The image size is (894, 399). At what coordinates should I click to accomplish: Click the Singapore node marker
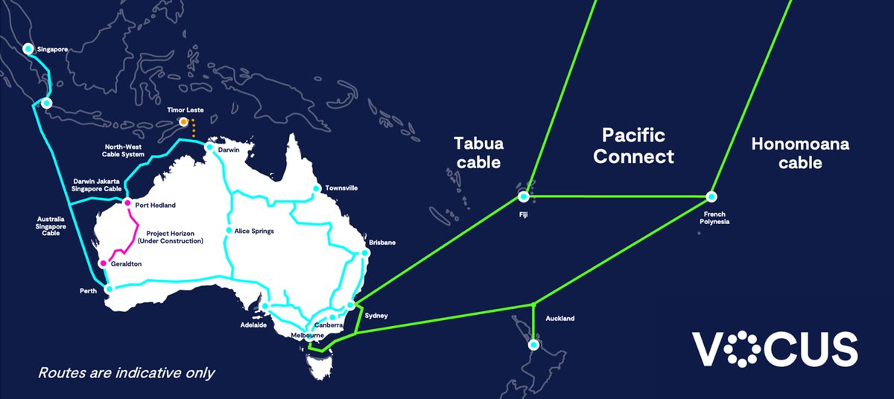[28, 49]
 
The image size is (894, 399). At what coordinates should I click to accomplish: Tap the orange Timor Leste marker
[183, 121]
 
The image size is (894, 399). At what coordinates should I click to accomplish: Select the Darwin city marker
[210, 147]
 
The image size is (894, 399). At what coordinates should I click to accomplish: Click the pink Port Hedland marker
[127, 203]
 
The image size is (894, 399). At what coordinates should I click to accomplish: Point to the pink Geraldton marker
[104, 264]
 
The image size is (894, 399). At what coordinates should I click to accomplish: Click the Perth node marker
[109, 289]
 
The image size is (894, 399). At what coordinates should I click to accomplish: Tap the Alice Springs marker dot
[229, 231]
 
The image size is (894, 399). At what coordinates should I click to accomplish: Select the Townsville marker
[317, 188]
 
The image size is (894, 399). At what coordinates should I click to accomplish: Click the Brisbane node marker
[365, 253]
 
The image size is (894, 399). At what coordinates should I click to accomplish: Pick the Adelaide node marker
[264, 306]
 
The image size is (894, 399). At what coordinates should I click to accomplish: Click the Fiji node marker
[524, 197]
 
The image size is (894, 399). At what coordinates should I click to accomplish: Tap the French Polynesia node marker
[711, 197]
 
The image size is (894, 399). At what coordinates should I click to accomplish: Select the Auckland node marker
[533, 345]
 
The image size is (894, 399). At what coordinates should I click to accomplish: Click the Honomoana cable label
[800, 153]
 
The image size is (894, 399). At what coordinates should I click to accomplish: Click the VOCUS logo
[775, 349]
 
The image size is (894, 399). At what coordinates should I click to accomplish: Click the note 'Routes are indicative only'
[126, 372]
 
